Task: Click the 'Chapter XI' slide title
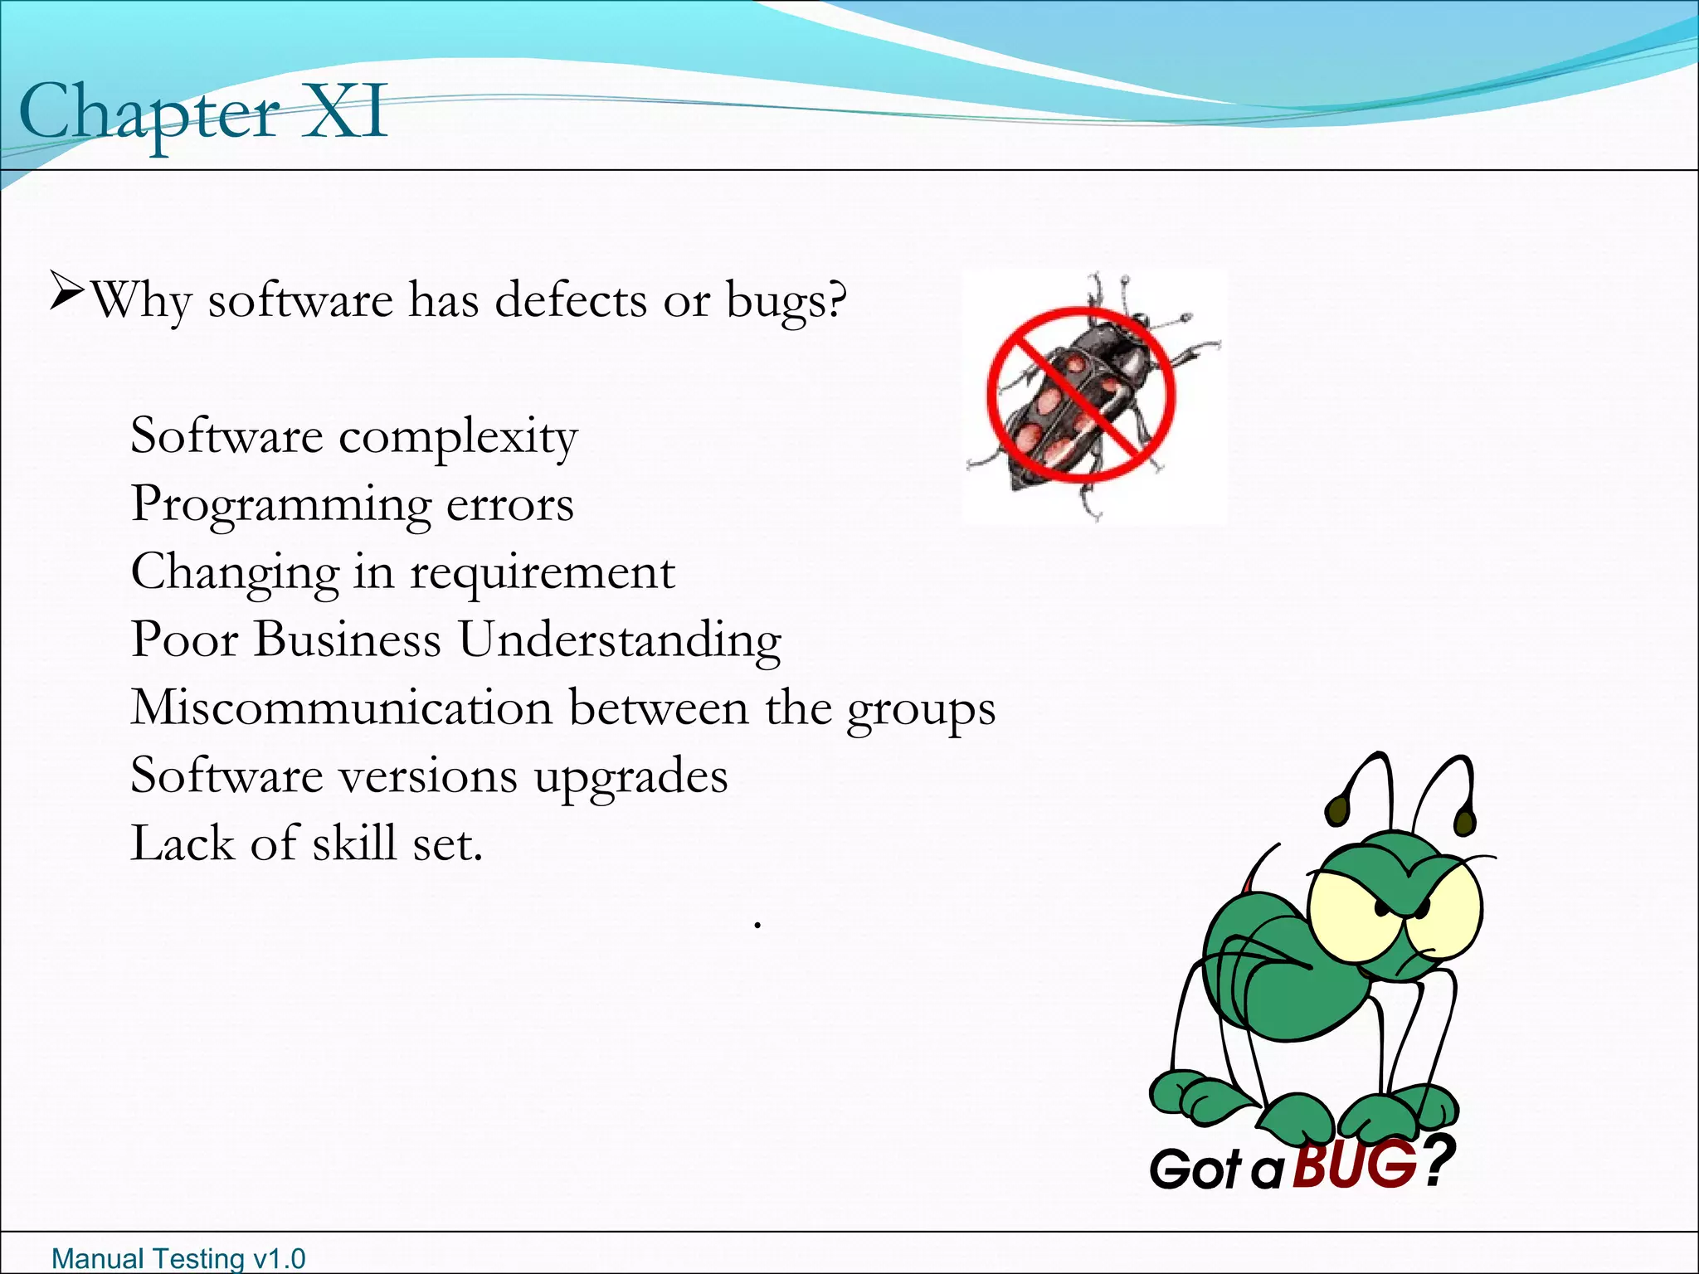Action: pyautogui.click(x=202, y=113)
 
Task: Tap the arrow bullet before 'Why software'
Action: pyautogui.click(x=66, y=290)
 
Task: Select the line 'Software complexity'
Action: pyautogui.click(x=354, y=436)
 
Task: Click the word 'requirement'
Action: pyautogui.click(x=543, y=572)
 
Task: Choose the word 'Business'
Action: pyautogui.click(x=348, y=639)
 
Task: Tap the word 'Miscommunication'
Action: pyautogui.click(x=341, y=708)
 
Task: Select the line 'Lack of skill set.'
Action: pyautogui.click(x=306, y=844)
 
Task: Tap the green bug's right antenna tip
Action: pyautogui.click(x=1465, y=821)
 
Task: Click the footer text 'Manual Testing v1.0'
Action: pyautogui.click(x=178, y=1258)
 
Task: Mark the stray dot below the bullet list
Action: pyautogui.click(x=757, y=923)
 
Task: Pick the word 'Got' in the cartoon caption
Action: pyautogui.click(x=1195, y=1169)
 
